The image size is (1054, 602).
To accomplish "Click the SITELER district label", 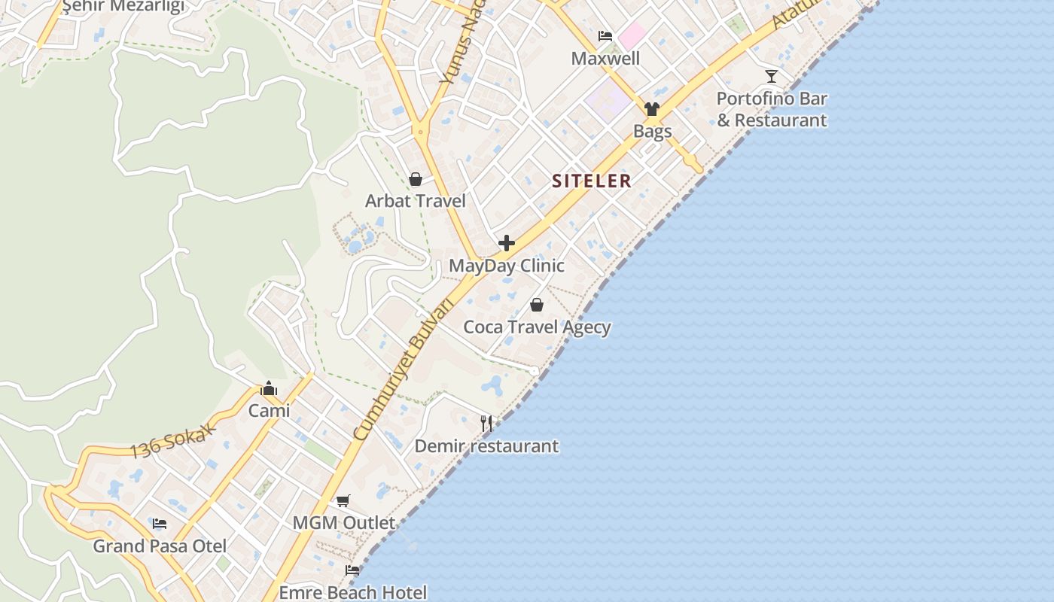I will (x=591, y=181).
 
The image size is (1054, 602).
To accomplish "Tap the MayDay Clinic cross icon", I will (x=507, y=243).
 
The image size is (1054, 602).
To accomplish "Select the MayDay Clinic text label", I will (x=507, y=266).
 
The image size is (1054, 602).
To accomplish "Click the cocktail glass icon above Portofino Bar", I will (x=772, y=76).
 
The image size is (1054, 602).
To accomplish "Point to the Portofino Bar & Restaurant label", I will (x=772, y=109).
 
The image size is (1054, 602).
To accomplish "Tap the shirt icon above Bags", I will (x=652, y=109).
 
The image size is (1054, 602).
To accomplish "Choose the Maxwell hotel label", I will (x=605, y=59).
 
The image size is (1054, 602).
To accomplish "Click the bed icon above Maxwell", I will (x=605, y=35).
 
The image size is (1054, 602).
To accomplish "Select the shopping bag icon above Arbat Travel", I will (x=415, y=179).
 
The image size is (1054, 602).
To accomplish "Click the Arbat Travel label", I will (x=415, y=201).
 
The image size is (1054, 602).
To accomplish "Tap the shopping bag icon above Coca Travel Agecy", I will (x=537, y=305).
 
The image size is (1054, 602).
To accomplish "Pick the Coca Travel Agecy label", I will (x=537, y=327).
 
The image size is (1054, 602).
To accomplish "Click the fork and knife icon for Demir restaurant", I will (x=486, y=424).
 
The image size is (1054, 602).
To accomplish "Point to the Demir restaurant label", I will (x=486, y=446).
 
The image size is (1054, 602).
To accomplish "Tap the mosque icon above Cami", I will (x=269, y=389).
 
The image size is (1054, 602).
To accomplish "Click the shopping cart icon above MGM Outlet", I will (x=343, y=500).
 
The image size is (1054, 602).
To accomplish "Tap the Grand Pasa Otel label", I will (x=160, y=546).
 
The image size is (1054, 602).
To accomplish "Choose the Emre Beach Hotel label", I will (x=352, y=593).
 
